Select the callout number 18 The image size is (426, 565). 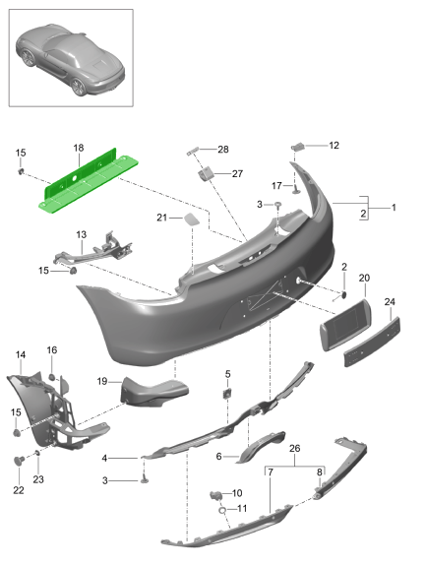point(78,149)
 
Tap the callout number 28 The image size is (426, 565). point(222,150)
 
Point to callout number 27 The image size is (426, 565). point(236,173)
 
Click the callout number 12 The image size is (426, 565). point(334,146)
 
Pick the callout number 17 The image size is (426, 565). point(277,185)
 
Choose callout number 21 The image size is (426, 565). point(160,217)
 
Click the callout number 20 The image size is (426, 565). point(363,279)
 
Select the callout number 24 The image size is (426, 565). point(390,302)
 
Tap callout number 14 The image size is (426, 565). point(21,354)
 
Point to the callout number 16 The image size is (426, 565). point(52,349)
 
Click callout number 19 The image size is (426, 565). point(102,380)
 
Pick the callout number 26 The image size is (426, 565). point(292,447)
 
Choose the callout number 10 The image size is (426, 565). point(235,493)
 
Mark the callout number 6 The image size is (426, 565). point(220,456)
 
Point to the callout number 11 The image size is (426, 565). point(243,509)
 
